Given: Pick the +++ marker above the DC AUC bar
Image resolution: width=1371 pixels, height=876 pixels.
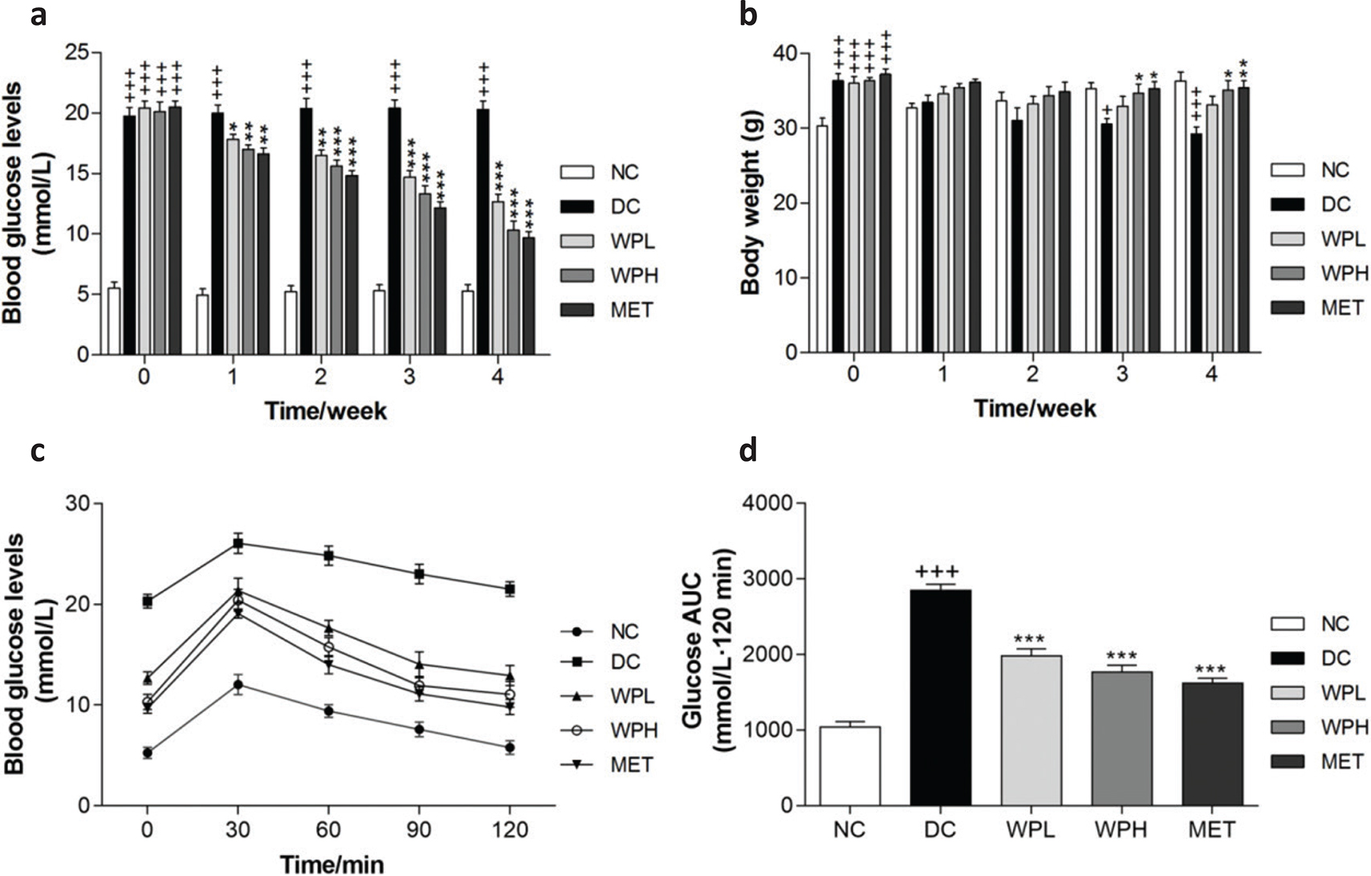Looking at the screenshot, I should (x=940, y=572).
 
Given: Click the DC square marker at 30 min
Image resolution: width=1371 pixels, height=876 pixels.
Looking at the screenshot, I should (x=238, y=544).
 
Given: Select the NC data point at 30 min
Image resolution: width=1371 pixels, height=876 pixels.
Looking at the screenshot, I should (x=238, y=685).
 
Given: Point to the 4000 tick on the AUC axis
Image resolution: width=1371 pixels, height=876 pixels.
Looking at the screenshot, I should (x=771, y=503).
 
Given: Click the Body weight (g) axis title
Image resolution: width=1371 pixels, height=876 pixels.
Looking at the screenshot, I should (x=751, y=202).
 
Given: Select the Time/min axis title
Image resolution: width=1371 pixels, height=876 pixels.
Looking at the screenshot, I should (x=332, y=864).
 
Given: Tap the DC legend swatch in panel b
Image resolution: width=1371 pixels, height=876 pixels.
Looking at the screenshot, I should (x=1288, y=204).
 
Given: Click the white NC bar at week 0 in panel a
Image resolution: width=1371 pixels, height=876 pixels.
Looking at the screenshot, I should (x=114, y=320).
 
